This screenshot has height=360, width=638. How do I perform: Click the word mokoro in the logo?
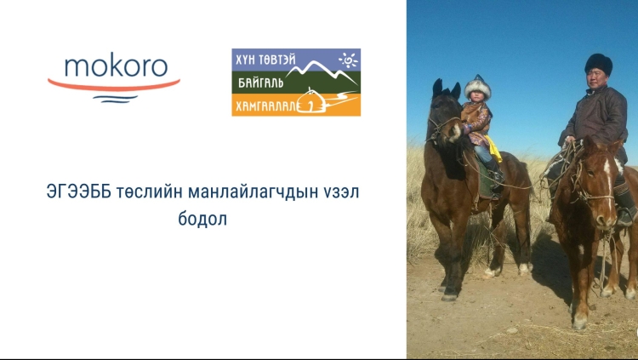(x=116, y=66)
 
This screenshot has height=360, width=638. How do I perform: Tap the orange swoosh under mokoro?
(x=114, y=86)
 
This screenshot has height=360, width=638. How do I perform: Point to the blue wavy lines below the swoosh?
(x=115, y=99)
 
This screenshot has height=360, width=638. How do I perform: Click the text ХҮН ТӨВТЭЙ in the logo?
(x=265, y=60)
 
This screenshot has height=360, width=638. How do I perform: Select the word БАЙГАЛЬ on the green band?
(x=260, y=83)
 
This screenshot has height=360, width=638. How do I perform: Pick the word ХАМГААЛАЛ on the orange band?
(x=265, y=106)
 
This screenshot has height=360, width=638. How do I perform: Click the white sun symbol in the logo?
(x=349, y=60)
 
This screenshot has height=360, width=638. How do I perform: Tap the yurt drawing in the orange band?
(x=311, y=102)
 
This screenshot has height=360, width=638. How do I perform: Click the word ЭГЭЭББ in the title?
(x=78, y=191)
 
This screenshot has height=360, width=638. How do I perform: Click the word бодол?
(x=202, y=219)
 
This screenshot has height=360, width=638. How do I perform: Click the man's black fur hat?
(x=599, y=64)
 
